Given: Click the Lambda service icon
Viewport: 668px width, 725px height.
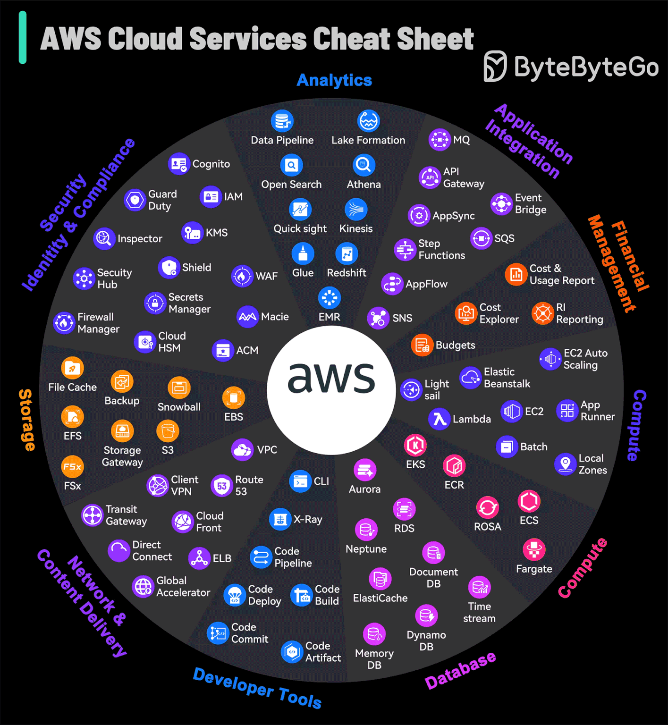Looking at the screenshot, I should pyautogui.click(x=440, y=419).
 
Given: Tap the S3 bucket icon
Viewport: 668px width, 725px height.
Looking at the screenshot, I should pyautogui.click(x=168, y=431).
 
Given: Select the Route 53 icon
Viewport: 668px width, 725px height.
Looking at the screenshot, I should pyautogui.click(x=222, y=485).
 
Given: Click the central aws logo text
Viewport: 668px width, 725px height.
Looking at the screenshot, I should pyautogui.click(x=331, y=378).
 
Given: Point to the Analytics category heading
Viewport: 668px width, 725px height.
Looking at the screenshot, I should pyautogui.click(x=334, y=80).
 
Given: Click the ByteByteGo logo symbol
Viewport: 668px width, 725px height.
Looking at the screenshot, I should pyautogui.click(x=495, y=66).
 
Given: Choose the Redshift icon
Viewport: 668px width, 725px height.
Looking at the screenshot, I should pyautogui.click(x=347, y=254).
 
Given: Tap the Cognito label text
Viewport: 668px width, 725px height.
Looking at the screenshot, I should pyautogui.click(x=211, y=164).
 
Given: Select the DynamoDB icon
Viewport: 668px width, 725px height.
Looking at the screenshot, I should pyautogui.click(x=426, y=615).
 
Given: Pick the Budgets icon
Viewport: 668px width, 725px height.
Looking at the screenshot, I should pyautogui.click(x=422, y=345).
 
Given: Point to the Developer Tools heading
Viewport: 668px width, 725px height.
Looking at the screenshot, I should pyautogui.click(x=257, y=688).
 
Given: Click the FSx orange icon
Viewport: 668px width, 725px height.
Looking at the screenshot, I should pyautogui.click(x=72, y=466).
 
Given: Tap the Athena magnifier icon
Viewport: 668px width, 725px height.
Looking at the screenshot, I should pyautogui.click(x=364, y=165).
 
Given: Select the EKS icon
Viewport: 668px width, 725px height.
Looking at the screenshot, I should pyautogui.click(x=415, y=445).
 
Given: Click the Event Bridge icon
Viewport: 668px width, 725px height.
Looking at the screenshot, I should pyautogui.click(x=501, y=203).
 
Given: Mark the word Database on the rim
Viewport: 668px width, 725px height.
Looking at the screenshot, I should pyautogui.click(x=460, y=670).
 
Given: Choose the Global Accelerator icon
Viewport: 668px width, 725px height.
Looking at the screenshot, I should pyautogui.click(x=143, y=587).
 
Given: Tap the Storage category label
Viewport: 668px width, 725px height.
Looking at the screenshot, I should pyautogui.click(x=26, y=420).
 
